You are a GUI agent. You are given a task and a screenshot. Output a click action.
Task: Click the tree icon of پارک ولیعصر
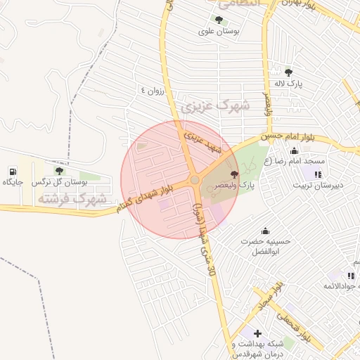(234, 174)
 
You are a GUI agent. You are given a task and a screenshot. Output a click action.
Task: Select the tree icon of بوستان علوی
(219, 20)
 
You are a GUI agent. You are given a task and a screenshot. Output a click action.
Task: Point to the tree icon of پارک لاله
(288, 72)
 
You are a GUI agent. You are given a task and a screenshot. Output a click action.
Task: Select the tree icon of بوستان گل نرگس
(58, 170)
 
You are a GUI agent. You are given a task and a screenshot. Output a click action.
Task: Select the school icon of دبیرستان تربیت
(318, 174)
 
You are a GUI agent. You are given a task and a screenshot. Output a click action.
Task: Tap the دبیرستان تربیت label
(319, 186)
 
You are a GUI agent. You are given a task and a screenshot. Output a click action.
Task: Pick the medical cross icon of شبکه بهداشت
(257, 333)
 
